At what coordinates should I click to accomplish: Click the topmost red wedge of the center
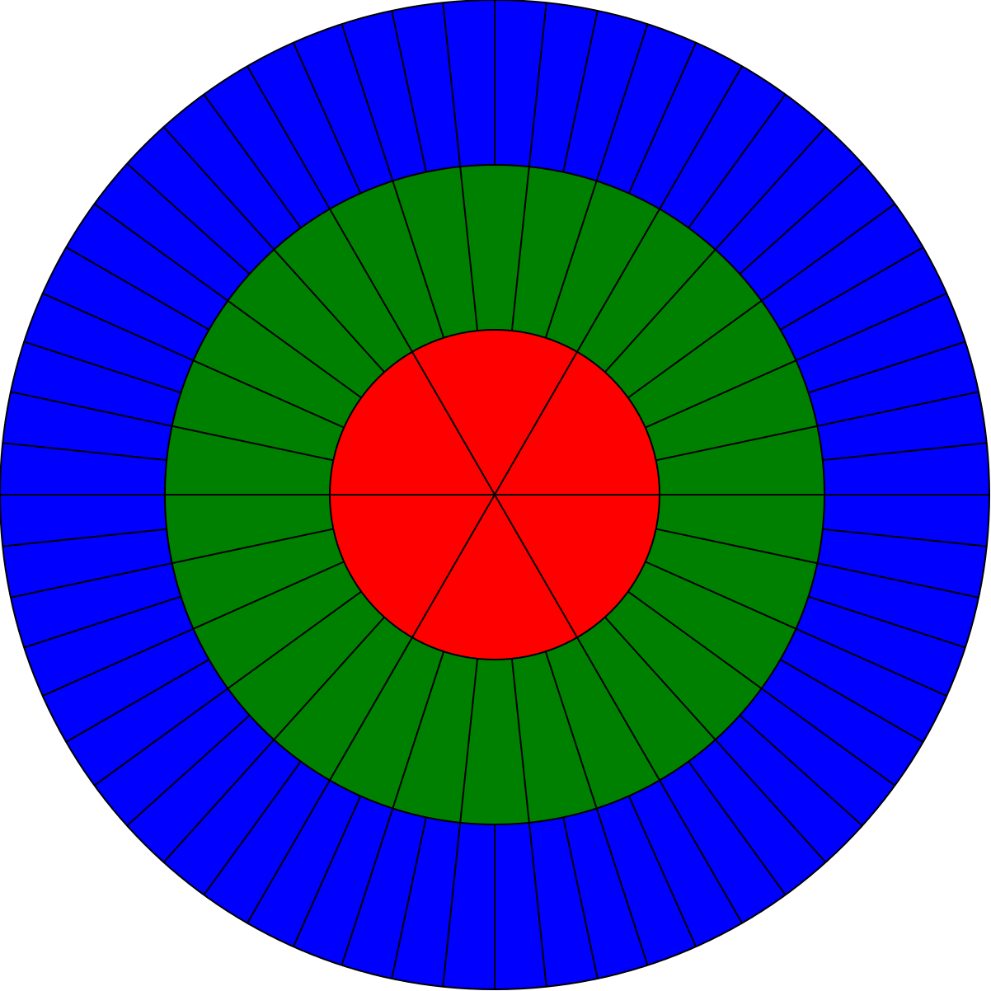(x=495, y=396)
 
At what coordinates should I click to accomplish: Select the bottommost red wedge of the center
(x=495, y=594)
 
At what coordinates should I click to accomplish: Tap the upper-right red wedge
(x=580, y=445)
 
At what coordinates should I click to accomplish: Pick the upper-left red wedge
(x=409, y=445)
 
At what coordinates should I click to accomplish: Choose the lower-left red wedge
(x=409, y=544)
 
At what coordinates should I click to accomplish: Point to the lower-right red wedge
(x=580, y=544)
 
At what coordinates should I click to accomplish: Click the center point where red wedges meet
(x=495, y=495)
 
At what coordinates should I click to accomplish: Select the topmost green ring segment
(x=495, y=247)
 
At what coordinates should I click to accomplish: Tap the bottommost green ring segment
(x=495, y=742)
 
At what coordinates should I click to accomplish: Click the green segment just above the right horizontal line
(x=740, y=468)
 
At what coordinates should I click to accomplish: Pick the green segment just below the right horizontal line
(x=740, y=521)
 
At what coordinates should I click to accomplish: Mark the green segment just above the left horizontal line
(x=250, y=468)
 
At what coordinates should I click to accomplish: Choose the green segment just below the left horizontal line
(x=250, y=521)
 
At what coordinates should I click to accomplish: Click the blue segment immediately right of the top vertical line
(x=516, y=83)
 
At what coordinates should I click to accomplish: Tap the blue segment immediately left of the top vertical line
(x=473, y=83)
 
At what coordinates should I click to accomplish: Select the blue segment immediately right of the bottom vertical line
(x=516, y=906)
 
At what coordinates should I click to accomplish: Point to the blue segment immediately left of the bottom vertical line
(x=473, y=906)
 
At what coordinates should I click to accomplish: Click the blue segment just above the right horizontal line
(x=906, y=473)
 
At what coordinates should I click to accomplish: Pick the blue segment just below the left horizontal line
(x=83, y=516)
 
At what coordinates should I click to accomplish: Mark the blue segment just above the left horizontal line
(x=83, y=473)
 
